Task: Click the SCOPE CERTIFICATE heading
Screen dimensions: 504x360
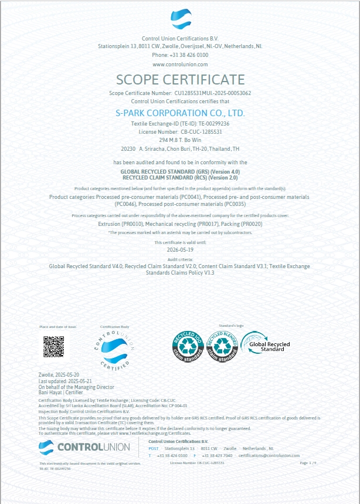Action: click(x=180, y=80)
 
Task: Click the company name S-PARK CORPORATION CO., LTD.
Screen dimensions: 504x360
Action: click(x=180, y=113)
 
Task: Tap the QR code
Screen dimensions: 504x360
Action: click(x=53, y=346)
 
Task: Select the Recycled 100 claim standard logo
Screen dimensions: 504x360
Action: click(x=187, y=346)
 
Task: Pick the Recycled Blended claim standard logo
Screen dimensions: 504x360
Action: click(x=222, y=346)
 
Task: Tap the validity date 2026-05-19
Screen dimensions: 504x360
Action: click(x=180, y=249)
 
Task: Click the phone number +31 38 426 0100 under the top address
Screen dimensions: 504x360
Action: click(x=180, y=55)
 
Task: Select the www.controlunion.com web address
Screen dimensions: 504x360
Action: click(x=180, y=64)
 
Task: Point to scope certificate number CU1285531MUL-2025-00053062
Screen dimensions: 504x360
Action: click(x=212, y=93)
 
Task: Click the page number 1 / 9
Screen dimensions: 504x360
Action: click(x=308, y=463)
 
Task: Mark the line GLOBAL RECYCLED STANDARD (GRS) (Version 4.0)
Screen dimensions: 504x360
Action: click(x=180, y=171)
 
